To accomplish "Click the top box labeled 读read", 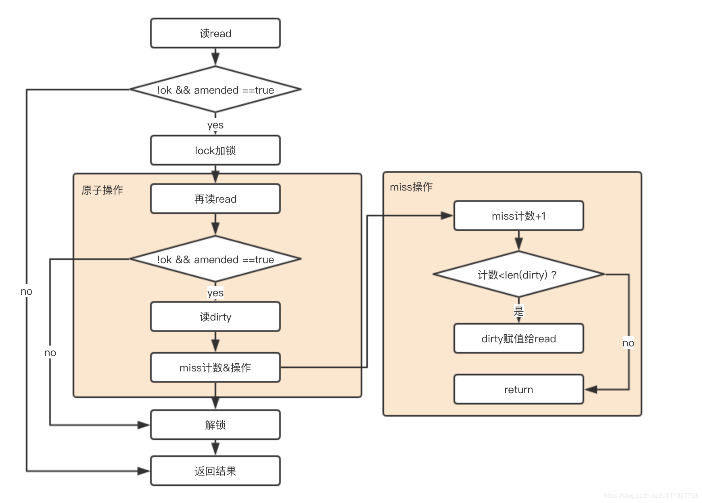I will click(x=215, y=33).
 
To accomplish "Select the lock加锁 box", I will click(x=215, y=150).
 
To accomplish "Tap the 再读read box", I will click(x=215, y=199).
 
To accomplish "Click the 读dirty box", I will click(x=215, y=316).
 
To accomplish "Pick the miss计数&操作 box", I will click(x=215, y=367).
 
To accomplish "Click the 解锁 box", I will click(x=215, y=425).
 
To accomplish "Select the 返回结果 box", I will click(x=215, y=471).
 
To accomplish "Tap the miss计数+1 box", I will click(x=518, y=216).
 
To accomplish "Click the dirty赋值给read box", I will click(x=518, y=338).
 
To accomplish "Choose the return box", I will click(x=518, y=389).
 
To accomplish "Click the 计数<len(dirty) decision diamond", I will click(x=518, y=275).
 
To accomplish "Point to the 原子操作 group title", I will click(x=102, y=190).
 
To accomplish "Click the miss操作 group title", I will click(x=411, y=187).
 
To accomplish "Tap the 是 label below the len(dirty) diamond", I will click(x=519, y=311).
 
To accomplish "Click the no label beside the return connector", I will click(x=628, y=343).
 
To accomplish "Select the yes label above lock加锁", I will click(x=215, y=125).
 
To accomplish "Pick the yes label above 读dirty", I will click(x=215, y=293).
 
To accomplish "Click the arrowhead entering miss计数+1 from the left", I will click(x=447, y=216).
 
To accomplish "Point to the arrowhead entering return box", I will click(x=591, y=390).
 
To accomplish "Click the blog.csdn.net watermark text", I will click(x=651, y=496).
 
